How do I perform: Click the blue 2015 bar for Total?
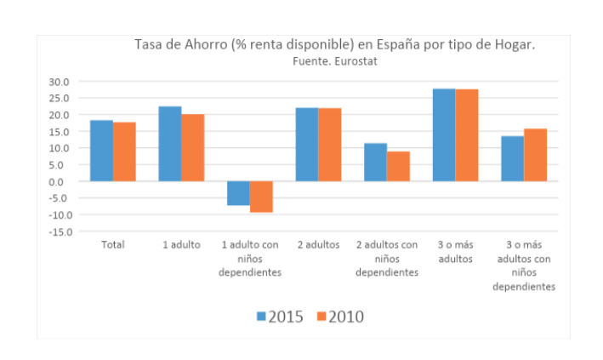tap(102, 151)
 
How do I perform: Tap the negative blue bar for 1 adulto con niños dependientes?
tap(238, 193)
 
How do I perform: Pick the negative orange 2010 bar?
tap(261, 197)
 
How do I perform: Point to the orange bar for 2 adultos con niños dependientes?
tap(398, 166)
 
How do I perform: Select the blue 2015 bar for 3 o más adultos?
tap(444, 134)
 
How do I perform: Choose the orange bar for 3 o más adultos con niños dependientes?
tap(535, 155)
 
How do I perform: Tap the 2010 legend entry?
tap(339, 317)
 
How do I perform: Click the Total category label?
tap(113, 245)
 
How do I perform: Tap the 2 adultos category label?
tap(318, 245)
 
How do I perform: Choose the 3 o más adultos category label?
tap(455, 251)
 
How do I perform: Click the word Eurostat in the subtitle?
tap(358, 61)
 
